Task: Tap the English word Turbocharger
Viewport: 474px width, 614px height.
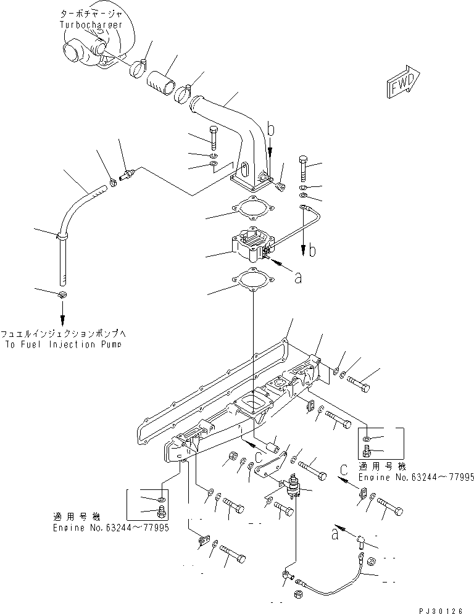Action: pos(91,25)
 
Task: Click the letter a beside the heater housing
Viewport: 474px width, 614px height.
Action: pos(297,278)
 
